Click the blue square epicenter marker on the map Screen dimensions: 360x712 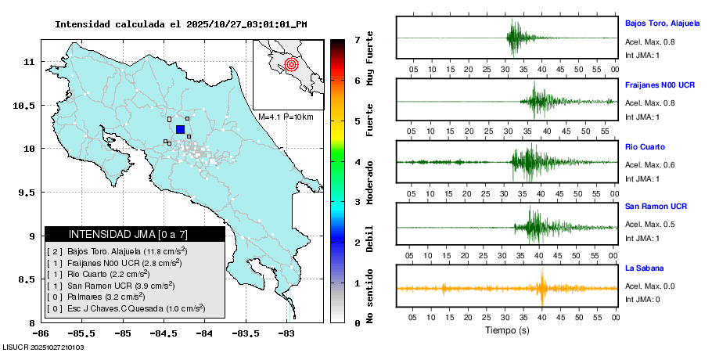tap(181, 129)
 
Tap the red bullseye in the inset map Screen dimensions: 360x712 tap(291, 64)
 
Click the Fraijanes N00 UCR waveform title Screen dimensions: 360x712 tap(660, 85)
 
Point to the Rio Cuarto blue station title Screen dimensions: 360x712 tap(645, 146)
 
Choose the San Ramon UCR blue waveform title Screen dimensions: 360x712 tap(656, 207)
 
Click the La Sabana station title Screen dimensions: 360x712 tap(644, 268)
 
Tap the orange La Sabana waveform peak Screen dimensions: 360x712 tap(541, 287)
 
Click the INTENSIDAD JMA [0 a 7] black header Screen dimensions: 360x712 tap(135, 234)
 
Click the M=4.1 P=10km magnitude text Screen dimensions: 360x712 tap(286, 117)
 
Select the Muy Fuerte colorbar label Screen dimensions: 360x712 tap(370, 60)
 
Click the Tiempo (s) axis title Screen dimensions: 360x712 tap(507, 330)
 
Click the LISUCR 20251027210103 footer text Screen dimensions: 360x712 tap(44, 347)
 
